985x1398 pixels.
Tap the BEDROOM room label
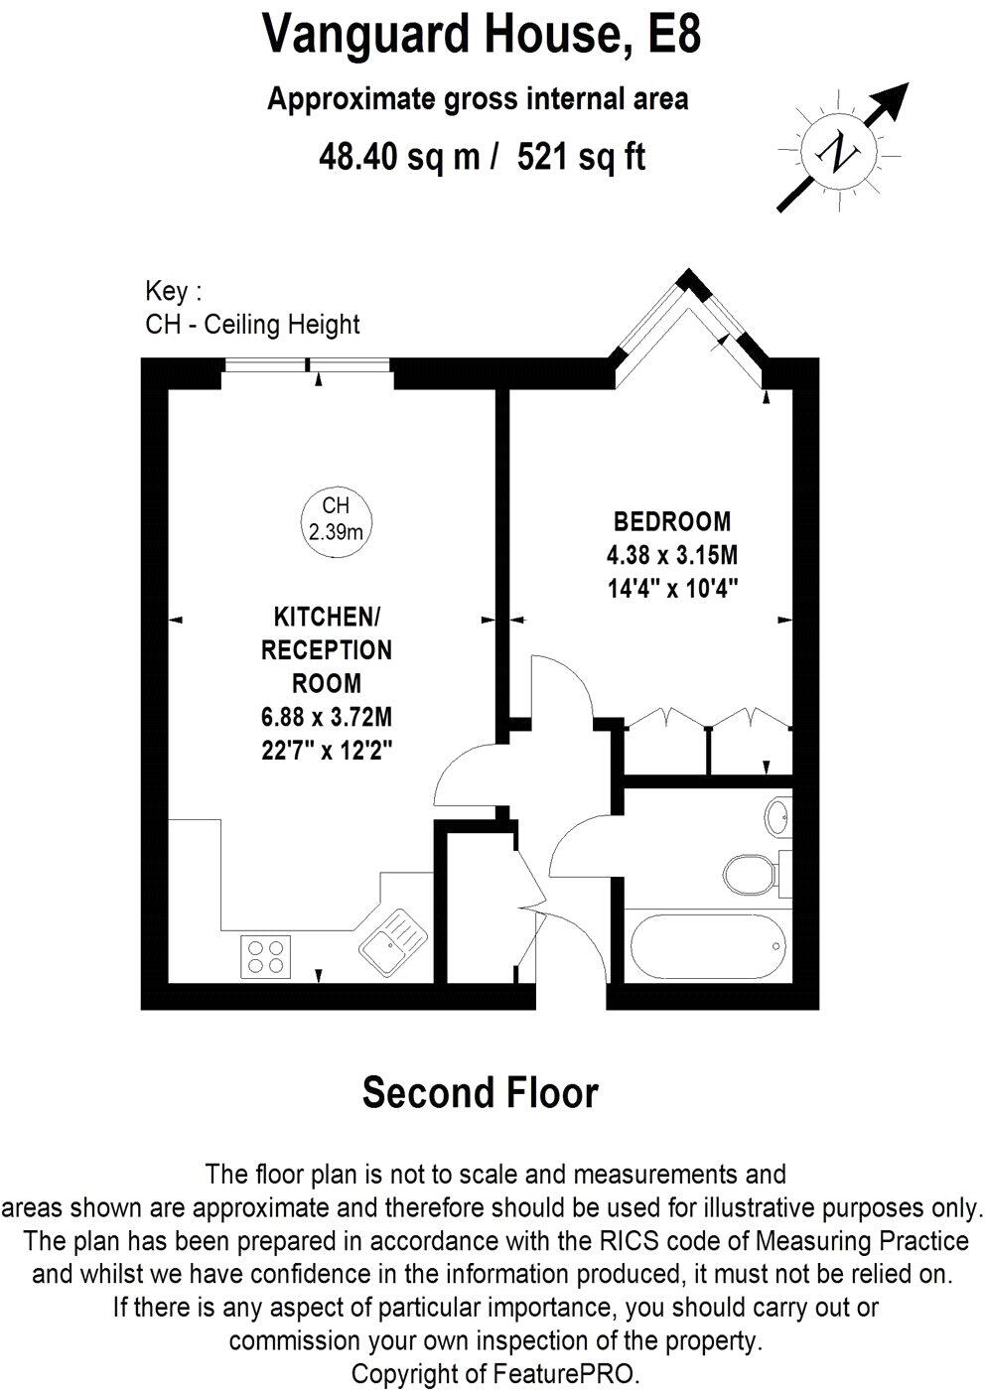click(x=672, y=521)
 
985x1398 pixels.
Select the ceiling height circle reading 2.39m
click(x=335, y=519)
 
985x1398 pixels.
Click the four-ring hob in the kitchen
click(x=265, y=955)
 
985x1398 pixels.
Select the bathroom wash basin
click(x=777, y=818)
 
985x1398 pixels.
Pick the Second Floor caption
click(x=481, y=1092)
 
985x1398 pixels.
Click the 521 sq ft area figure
click(x=582, y=156)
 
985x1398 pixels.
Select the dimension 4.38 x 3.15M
click(x=673, y=554)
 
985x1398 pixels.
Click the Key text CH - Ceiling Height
click(x=252, y=324)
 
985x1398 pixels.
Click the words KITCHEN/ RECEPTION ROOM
click(x=327, y=650)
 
